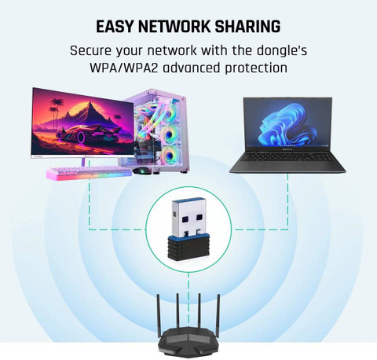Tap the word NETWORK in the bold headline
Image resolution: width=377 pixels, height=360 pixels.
(x=174, y=26)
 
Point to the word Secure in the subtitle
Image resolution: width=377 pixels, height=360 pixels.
(x=90, y=50)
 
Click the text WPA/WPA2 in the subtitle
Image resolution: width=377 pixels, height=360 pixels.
(x=124, y=68)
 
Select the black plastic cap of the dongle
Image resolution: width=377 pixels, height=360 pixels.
(x=187, y=247)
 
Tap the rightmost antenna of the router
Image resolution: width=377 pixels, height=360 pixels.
(x=218, y=314)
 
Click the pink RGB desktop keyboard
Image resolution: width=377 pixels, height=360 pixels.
(x=89, y=173)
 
